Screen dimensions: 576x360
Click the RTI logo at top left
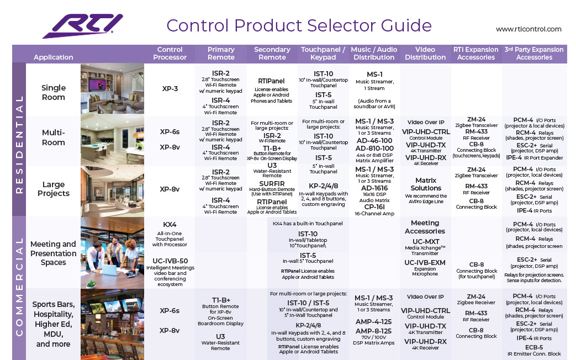click(x=83, y=26)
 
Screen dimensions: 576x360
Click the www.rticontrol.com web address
click(x=529, y=29)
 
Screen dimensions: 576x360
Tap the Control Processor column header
click(x=170, y=53)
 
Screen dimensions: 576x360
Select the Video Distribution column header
click(x=425, y=53)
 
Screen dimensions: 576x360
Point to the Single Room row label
click(x=53, y=93)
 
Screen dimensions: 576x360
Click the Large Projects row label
click(x=53, y=189)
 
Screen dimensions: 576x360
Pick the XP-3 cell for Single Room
click(x=170, y=88)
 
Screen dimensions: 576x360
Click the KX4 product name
click(x=170, y=225)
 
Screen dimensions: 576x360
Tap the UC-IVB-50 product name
click(x=170, y=261)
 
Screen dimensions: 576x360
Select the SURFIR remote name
click(x=272, y=184)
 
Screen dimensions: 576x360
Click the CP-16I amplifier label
click(x=374, y=207)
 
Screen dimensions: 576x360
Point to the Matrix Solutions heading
click(x=426, y=184)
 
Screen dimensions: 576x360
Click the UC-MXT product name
click(x=426, y=242)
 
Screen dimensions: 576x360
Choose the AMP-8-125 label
click(x=373, y=331)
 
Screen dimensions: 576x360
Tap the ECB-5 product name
click(x=534, y=347)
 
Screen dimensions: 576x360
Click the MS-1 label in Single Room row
click(x=374, y=74)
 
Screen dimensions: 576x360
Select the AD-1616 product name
click(x=374, y=188)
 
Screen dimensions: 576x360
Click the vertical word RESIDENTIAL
click(x=19, y=144)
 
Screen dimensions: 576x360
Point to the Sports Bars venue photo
click(x=113, y=324)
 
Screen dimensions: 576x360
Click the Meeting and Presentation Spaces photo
click(x=113, y=253)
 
